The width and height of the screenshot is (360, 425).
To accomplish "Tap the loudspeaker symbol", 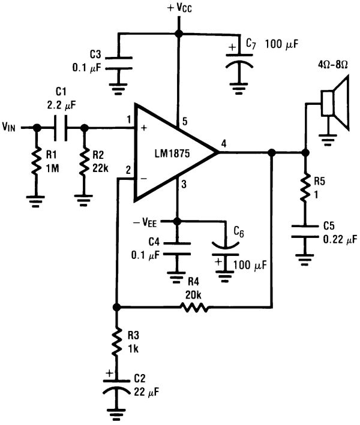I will coord(334,103).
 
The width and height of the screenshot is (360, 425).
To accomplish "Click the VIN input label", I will coord(12,127).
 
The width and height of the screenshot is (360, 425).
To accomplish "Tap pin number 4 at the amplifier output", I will coord(224,143).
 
